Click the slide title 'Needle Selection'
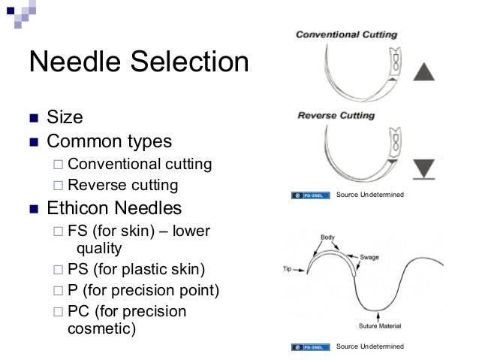point(138,62)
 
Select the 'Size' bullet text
point(65,117)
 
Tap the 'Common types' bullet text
point(109,141)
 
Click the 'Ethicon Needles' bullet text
point(114,206)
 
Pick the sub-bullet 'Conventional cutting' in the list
point(140,164)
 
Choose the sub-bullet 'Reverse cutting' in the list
point(122,184)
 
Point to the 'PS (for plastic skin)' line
point(136,268)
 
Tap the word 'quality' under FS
point(100,248)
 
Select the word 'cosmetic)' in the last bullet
point(101,330)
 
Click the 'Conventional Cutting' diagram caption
point(346,35)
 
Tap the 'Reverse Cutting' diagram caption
point(336,116)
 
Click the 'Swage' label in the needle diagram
point(369,257)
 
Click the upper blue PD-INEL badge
point(309,196)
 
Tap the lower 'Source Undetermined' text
point(370,346)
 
